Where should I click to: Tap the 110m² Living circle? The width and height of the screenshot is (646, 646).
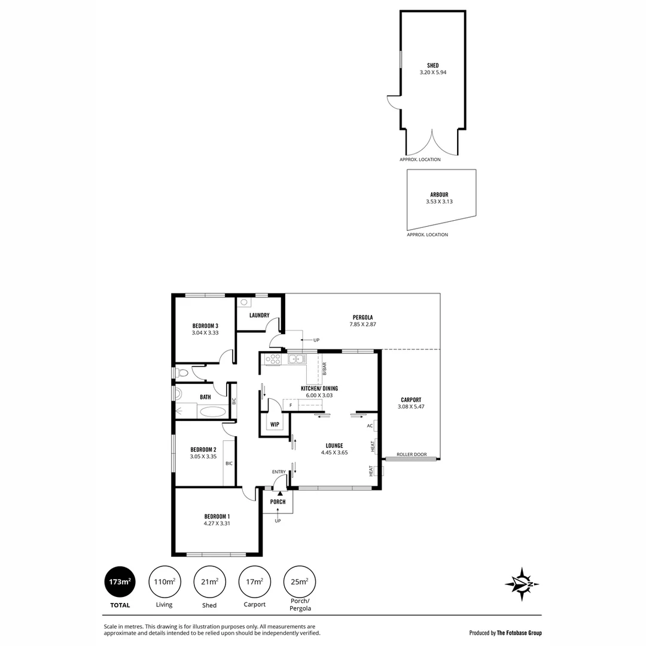pyautogui.click(x=164, y=582)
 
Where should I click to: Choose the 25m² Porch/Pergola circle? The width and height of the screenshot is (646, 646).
pyautogui.click(x=300, y=582)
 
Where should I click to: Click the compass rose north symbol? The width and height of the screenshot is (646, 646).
pyautogui.click(x=522, y=584)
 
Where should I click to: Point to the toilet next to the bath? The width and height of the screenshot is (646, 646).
pyautogui.click(x=183, y=373)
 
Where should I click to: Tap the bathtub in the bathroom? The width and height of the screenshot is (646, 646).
pyautogui.click(x=212, y=412)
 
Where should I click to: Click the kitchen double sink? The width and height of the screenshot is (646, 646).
pyautogui.click(x=297, y=359)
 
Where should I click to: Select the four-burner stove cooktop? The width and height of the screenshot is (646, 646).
pyautogui.click(x=273, y=359)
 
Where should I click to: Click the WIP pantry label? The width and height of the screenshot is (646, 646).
pyautogui.click(x=275, y=424)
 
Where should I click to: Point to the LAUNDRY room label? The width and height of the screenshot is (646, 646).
pyautogui.click(x=260, y=315)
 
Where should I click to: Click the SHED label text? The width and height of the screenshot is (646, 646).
pyautogui.click(x=432, y=66)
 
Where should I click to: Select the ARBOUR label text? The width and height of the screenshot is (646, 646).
pyautogui.click(x=439, y=194)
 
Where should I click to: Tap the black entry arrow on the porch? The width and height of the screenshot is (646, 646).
pyautogui.click(x=279, y=492)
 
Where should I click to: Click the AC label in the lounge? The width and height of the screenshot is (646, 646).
pyautogui.click(x=370, y=426)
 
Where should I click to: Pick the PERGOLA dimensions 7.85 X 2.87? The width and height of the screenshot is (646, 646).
pyautogui.click(x=362, y=324)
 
